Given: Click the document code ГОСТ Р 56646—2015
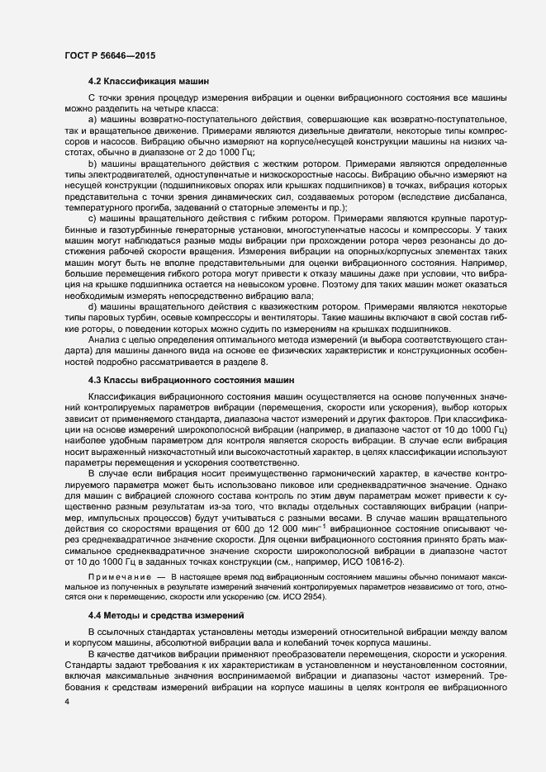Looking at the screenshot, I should tap(109, 55).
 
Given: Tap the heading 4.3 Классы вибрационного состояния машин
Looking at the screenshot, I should tap(191, 356).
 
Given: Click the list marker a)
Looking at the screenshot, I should tap(92, 121).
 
